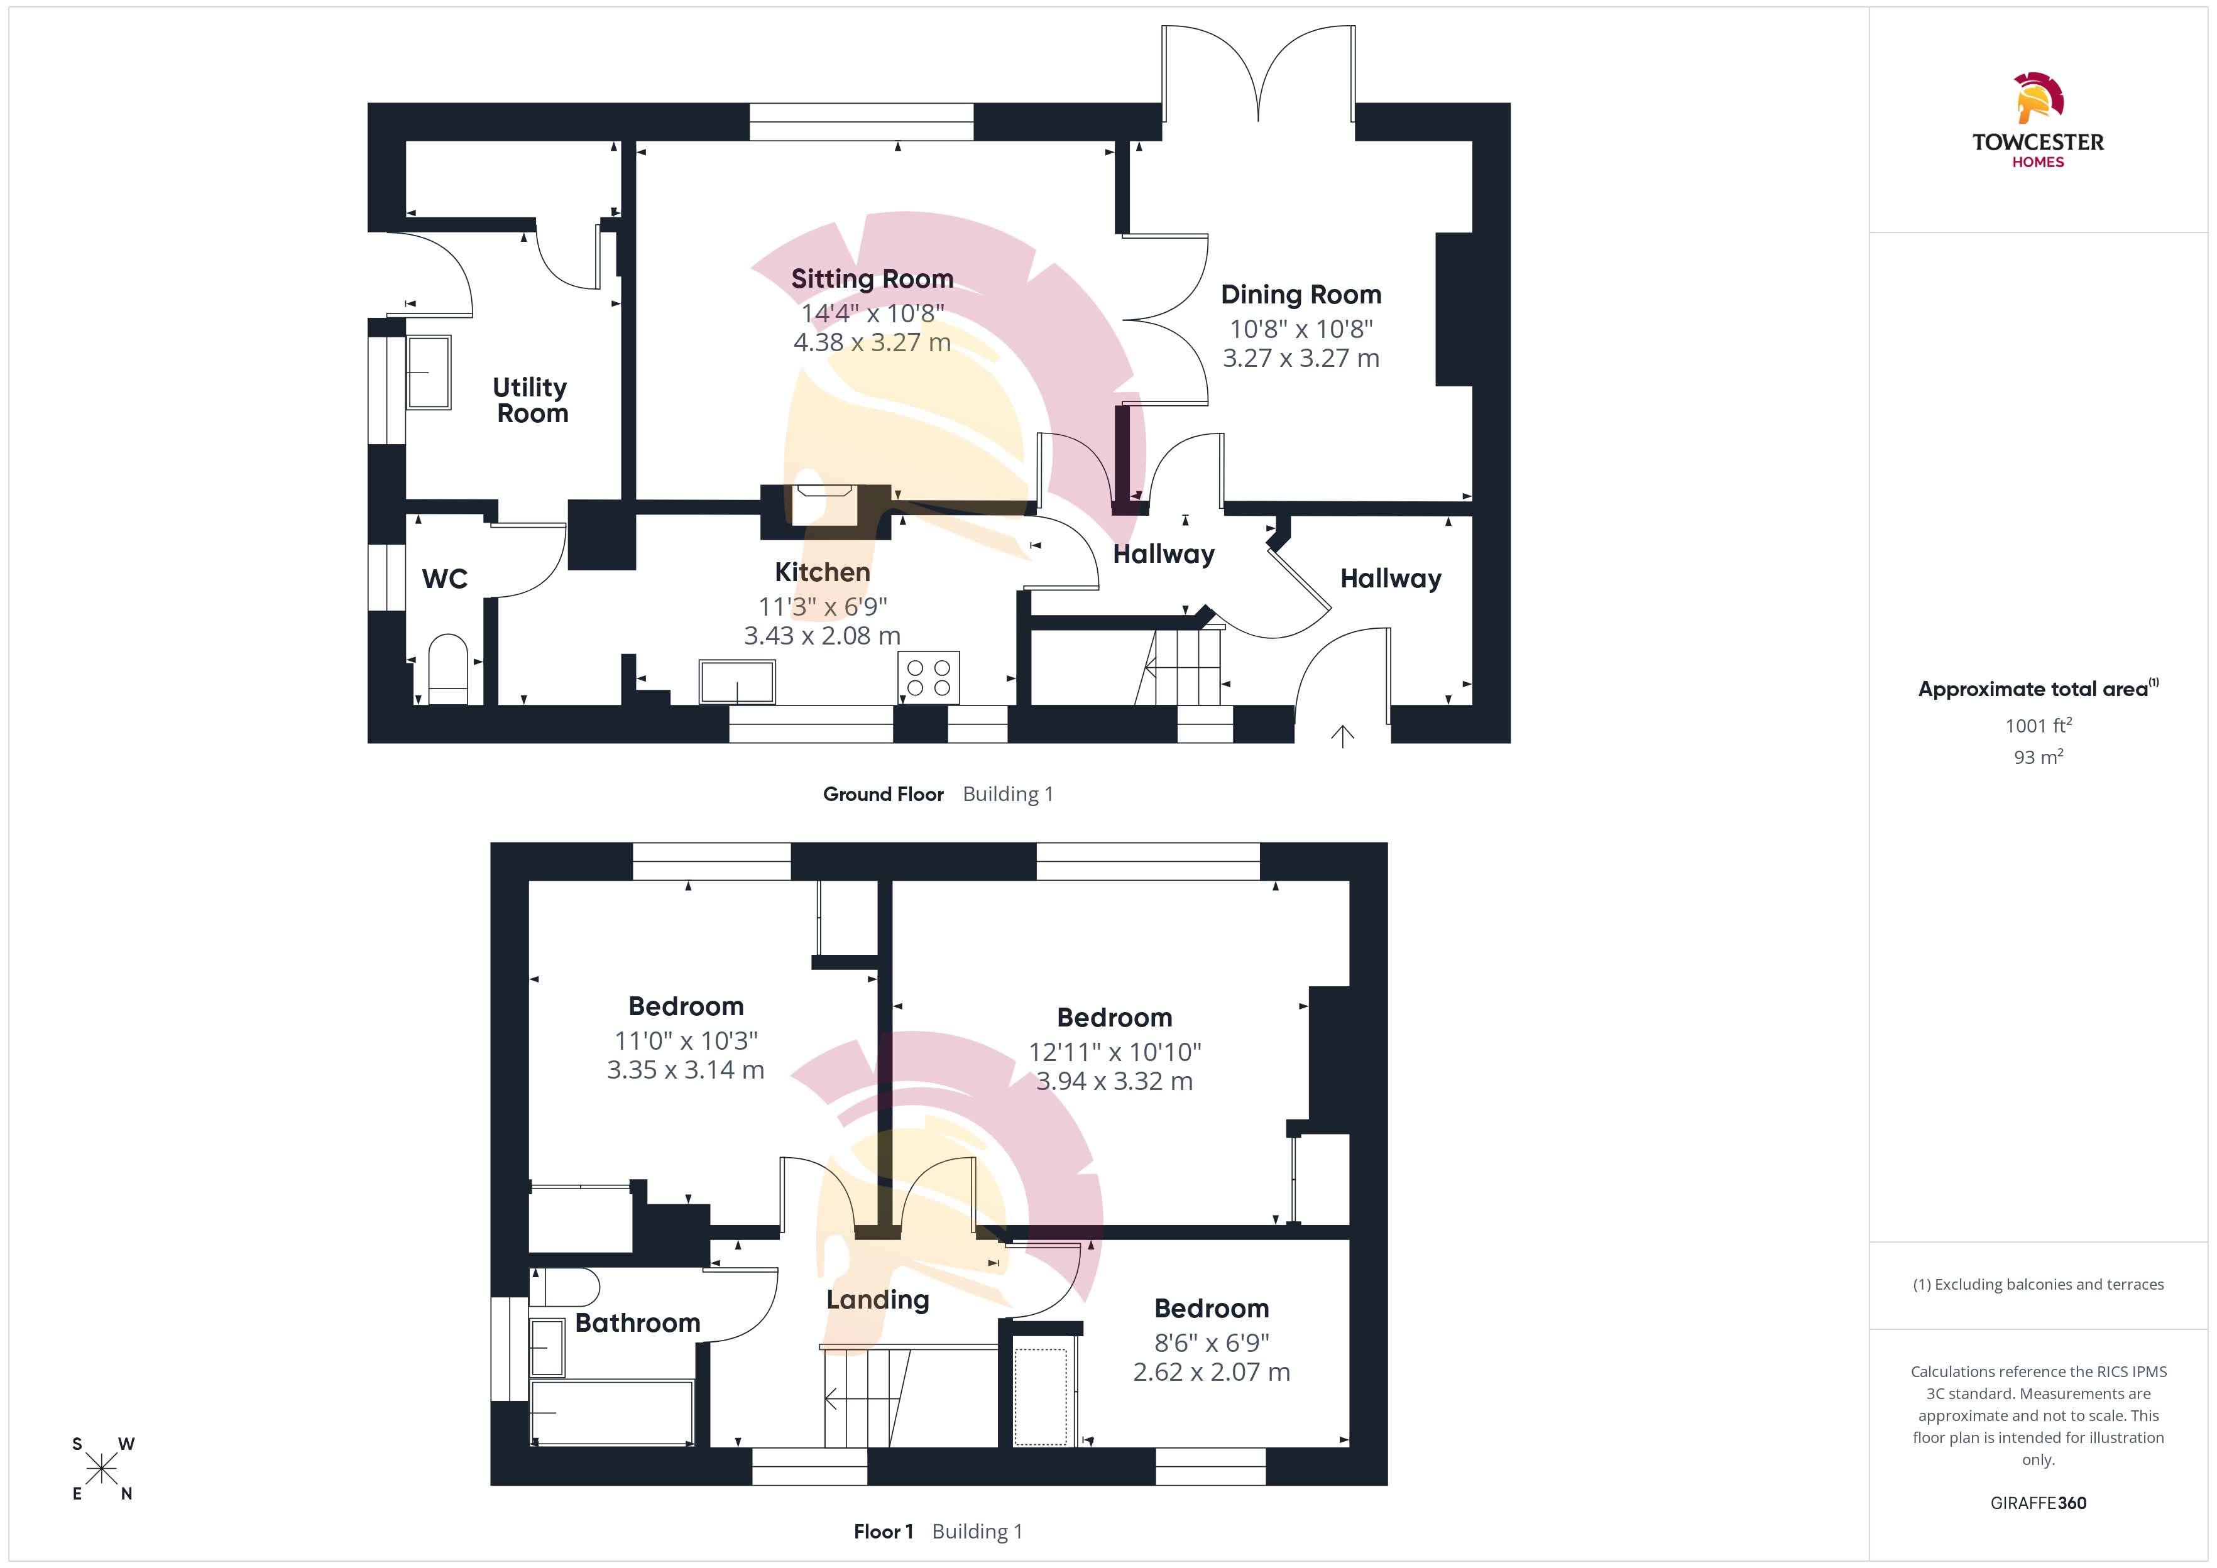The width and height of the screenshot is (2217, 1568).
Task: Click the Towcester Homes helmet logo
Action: click(2039, 97)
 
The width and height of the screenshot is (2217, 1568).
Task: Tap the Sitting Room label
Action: click(872, 279)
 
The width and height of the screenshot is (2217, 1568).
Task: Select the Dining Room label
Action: click(1301, 295)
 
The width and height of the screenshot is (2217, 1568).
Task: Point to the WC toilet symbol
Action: click(448, 669)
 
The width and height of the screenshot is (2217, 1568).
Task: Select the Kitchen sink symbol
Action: click(736, 682)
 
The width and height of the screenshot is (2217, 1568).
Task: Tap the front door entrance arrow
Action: click(1342, 736)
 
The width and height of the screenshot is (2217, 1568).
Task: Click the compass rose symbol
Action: click(101, 1469)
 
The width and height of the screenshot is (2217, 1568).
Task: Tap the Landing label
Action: click(878, 1300)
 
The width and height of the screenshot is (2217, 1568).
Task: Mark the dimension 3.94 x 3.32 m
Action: click(1114, 1081)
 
